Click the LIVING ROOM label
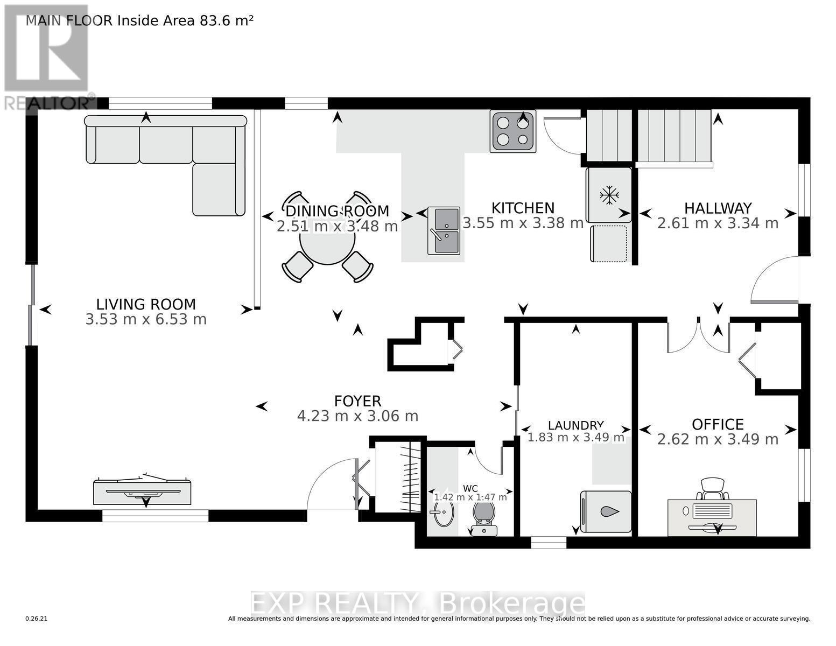[x=146, y=304]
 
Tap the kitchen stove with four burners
[x=512, y=131]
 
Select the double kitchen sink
[x=444, y=230]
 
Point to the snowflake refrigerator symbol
[x=609, y=195]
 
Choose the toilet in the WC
[x=484, y=517]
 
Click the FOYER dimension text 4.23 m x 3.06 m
[x=357, y=416]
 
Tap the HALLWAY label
[x=718, y=208]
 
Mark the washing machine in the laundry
[x=606, y=512]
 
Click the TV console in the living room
[x=142, y=491]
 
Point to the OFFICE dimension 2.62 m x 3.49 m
[x=718, y=439]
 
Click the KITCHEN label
[x=523, y=208]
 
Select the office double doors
[x=698, y=336]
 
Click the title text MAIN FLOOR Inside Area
[x=139, y=20]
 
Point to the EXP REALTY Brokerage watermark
[x=418, y=604]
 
